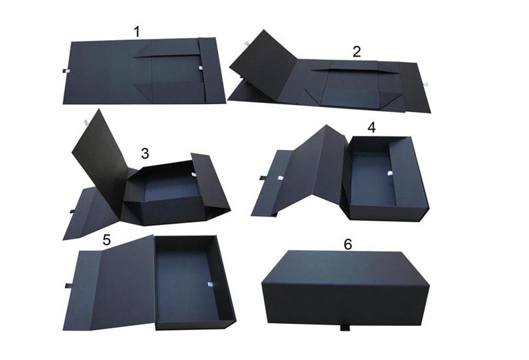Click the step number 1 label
pos(136,31)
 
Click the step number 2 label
pos(356,52)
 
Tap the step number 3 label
pos(144,153)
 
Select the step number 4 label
pos(371,128)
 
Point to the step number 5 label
pos(106,240)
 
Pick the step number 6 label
pos(348,244)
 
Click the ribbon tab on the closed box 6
pos(344,328)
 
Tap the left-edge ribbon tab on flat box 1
pos(66,71)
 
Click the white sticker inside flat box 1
pos(201,68)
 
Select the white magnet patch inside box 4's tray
pos(390,173)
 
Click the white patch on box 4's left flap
pos(280,178)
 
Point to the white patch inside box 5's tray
pos(210,284)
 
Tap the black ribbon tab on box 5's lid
pos(68,286)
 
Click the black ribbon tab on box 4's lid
pos(263,178)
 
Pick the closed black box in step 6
pos(346,289)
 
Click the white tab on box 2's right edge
pos(426,84)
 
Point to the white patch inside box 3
pos(194,175)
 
